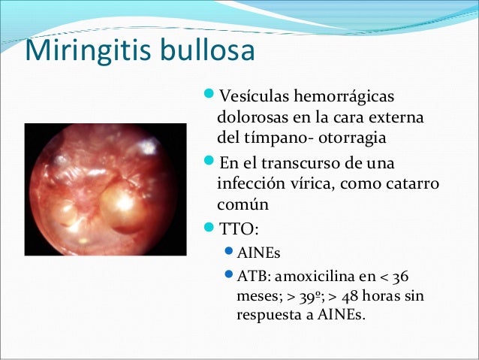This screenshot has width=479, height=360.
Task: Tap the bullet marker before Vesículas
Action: pyautogui.click(x=208, y=96)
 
